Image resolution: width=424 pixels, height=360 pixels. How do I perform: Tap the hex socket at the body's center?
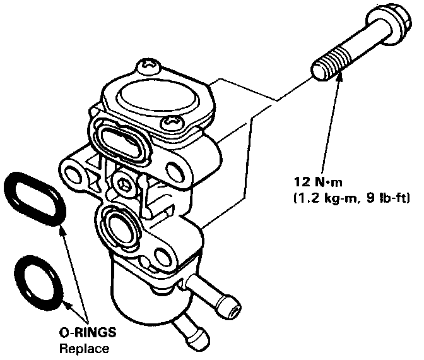coord(125,184)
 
